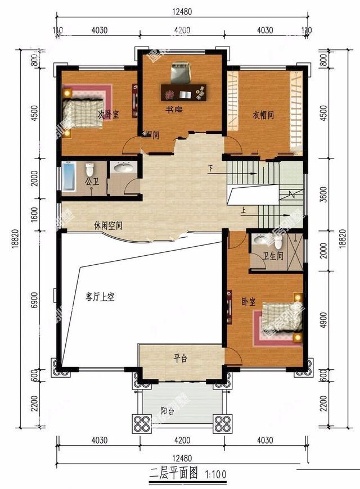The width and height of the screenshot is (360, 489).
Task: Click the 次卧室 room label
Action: tap(109, 114)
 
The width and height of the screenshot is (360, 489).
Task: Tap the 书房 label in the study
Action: tap(173, 109)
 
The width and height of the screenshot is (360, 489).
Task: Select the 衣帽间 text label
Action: tap(263, 115)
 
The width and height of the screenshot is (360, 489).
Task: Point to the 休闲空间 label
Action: tap(108, 226)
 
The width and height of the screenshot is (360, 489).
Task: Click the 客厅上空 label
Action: tap(100, 297)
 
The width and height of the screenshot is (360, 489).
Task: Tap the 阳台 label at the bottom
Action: tap(168, 411)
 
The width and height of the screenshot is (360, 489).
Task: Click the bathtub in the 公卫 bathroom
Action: tap(69, 176)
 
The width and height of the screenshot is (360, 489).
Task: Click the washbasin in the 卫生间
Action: tap(261, 240)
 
